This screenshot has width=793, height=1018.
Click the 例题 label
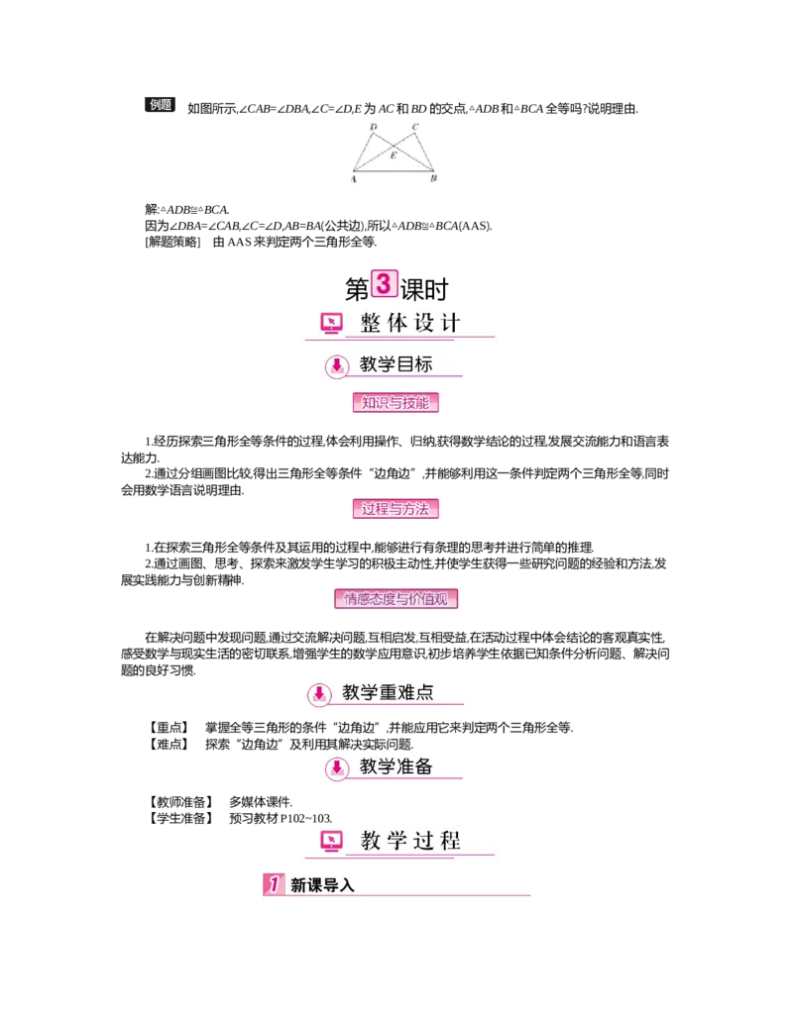coord(161,105)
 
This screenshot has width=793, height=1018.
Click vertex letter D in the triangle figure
coord(373,128)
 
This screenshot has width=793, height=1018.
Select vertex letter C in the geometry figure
coord(415,128)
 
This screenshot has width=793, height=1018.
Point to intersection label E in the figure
coord(394,155)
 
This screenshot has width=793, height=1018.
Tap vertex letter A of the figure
coord(354,179)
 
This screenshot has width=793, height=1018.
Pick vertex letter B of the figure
coord(434,179)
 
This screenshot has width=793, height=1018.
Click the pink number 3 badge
coord(385,283)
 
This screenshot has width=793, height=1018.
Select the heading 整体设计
coord(410,323)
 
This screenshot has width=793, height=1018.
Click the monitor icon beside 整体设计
coord(331,323)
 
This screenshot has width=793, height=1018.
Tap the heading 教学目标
coord(396,364)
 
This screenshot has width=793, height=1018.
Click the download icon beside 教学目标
coord(337,365)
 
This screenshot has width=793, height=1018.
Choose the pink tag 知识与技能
coord(396,403)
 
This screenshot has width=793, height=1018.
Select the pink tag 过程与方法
coord(396,509)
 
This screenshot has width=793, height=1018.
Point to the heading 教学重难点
coord(388,692)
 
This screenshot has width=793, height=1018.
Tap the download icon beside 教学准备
coord(337,767)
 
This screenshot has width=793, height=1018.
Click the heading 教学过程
coord(410,842)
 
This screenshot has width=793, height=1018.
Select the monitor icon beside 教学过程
coord(331,842)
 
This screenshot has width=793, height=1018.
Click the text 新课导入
coord(322,885)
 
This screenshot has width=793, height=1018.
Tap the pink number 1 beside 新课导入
coord(274,884)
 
